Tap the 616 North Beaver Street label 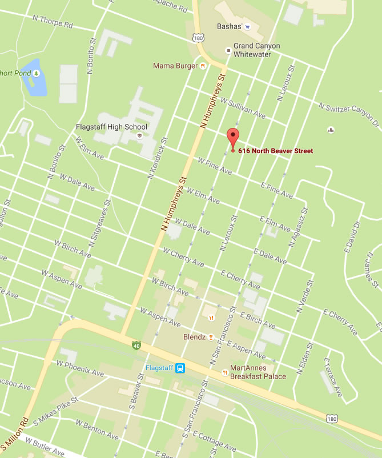(275, 151)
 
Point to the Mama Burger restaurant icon (202, 66)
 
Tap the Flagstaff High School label (111, 127)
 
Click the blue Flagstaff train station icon (180, 368)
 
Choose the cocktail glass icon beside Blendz (211, 337)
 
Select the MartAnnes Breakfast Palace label (258, 372)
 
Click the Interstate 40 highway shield (136, 345)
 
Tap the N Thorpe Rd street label (53, 22)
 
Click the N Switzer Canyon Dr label (349, 114)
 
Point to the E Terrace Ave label (333, 377)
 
